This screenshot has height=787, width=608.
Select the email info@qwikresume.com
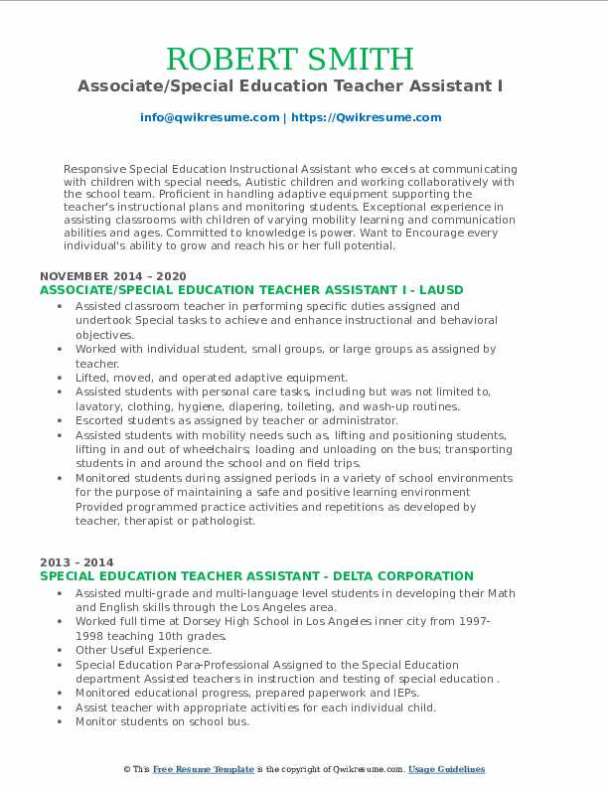[x=209, y=117]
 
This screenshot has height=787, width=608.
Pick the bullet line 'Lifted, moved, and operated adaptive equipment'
[x=211, y=378]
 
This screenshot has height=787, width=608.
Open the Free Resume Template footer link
[x=194, y=770]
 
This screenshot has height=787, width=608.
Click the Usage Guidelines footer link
[x=448, y=770]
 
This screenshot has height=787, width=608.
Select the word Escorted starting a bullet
[x=104, y=420]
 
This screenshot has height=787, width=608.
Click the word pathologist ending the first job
[x=224, y=520]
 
